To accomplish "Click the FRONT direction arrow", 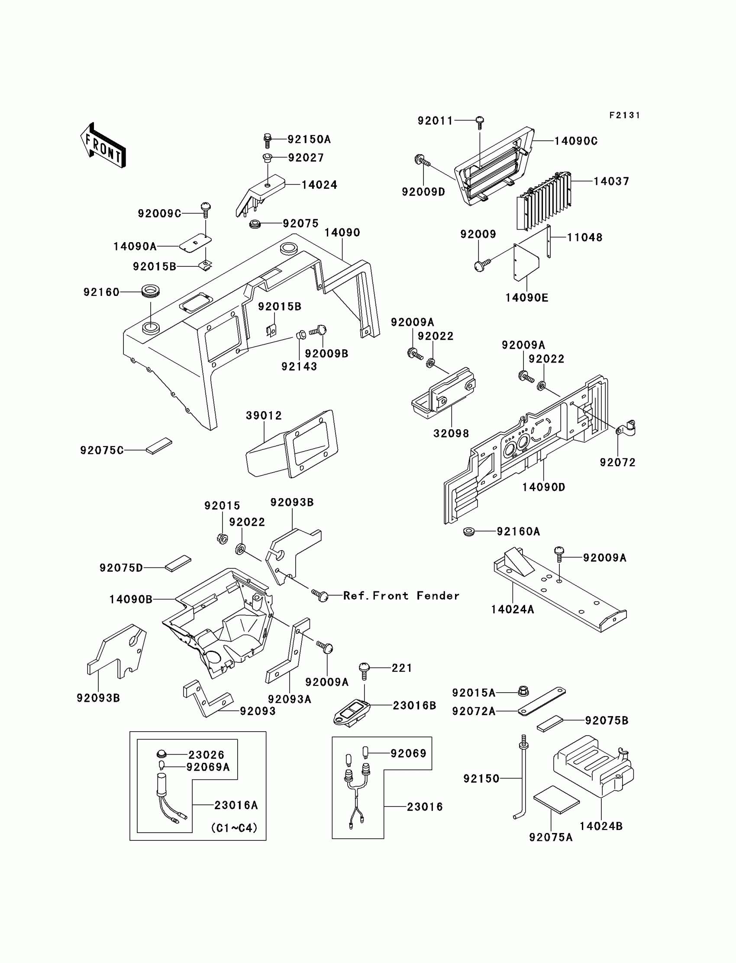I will point(103,146).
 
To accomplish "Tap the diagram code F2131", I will point(624,115).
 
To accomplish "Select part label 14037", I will point(611,181).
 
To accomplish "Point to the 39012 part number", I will point(264,415).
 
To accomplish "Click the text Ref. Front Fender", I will point(401,596).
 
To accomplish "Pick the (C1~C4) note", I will point(234,828).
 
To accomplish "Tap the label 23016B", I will point(414,705).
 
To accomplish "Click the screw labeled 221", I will point(364,670).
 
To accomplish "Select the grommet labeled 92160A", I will point(469,532).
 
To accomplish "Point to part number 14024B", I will point(600,826).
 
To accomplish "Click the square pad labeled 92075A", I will point(556,800).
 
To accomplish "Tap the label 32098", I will point(451,434).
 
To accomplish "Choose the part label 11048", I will point(584,237).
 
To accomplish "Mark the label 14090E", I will point(526,298).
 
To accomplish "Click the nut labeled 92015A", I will point(523,691).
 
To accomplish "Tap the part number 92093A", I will point(289,699).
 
